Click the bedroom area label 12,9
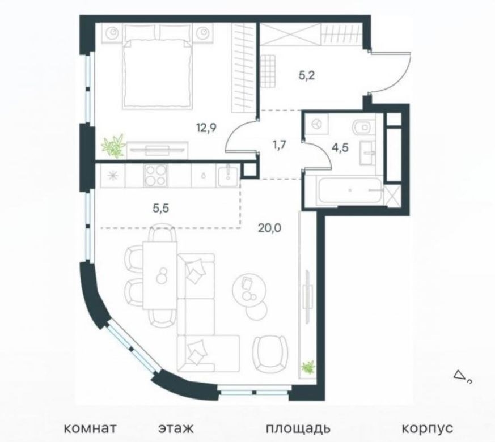207,129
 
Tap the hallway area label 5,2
307,75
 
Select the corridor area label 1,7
279,146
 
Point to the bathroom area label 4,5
340,147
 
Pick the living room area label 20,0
269,227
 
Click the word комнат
90,428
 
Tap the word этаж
176,428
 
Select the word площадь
298,429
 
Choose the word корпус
428,429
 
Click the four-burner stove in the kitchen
155,176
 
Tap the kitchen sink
227,176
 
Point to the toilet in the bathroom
362,127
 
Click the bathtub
349,190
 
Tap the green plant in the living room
308,367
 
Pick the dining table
160,275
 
